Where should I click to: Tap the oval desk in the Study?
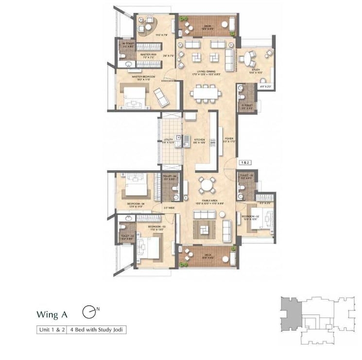(x=250, y=60)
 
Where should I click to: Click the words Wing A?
(x=52, y=314)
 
